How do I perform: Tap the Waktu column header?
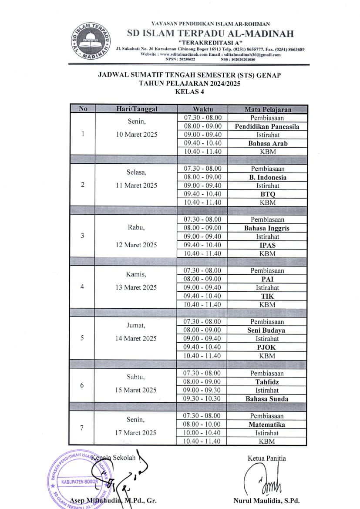[x=202, y=109]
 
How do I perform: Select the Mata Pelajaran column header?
[x=267, y=109]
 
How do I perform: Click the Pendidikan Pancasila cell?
[x=267, y=126]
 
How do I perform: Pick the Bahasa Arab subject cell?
[x=267, y=143]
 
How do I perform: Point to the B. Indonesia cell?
[x=267, y=177]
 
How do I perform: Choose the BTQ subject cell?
[x=267, y=194]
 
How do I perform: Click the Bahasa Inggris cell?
[x=267, y=228]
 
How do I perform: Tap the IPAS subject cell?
[x=267, y=245]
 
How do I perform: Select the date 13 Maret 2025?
[x=136, y=287]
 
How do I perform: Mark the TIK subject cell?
[x=267, y=296]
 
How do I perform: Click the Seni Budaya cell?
[x=267, y=330]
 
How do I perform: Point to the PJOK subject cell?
[x=267, y=347]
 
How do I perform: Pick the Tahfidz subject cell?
[x=267, y=382]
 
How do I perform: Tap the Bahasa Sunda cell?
[x=267, y=398]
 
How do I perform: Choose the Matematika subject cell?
[x=267, y=424]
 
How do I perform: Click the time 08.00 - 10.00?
[x=202, y=424]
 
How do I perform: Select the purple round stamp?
[x=78, y=478]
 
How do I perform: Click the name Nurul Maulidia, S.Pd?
[x=266, y=500]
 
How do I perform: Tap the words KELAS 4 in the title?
[x=189, y=91]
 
